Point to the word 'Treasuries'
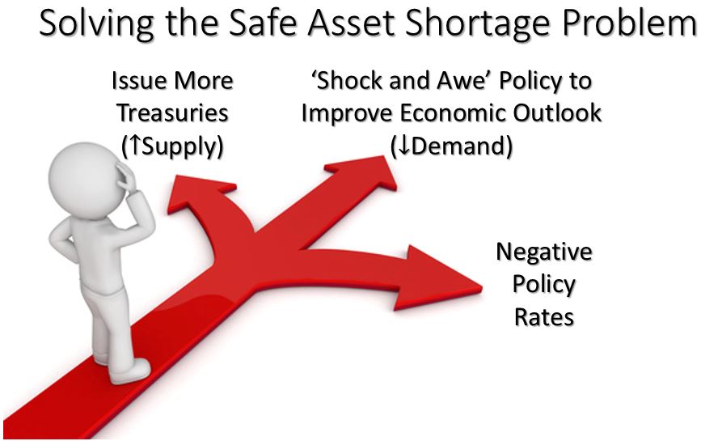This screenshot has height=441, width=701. (173, 113)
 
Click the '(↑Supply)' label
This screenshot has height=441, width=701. (172, 146)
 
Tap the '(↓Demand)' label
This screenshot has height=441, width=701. (451, 146)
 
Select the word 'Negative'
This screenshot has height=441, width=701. (544, 252)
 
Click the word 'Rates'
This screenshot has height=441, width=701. (544, 317)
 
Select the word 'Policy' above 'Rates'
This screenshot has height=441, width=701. (544, 285)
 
